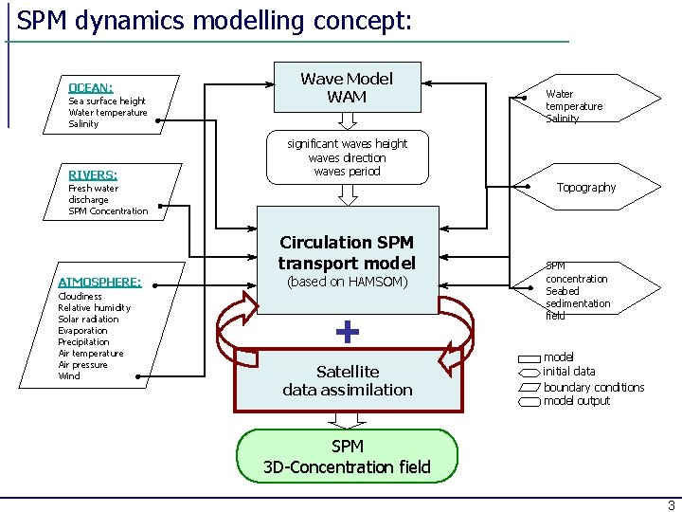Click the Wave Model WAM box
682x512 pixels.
348,87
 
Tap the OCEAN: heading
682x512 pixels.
91,88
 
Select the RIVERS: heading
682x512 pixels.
93,175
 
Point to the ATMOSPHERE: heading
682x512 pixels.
100,283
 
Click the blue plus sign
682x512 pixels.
348,332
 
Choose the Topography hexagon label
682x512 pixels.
586,187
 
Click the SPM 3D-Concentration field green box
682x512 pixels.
347,456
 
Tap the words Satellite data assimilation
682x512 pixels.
348,380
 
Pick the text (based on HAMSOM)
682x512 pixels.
348,282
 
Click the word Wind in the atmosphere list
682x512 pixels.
69,375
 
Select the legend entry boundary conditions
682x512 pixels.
594,387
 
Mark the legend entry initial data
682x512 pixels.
569,372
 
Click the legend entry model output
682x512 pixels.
577,400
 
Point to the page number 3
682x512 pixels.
672,505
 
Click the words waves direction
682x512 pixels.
347,157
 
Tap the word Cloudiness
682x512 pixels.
80,296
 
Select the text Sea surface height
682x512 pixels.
107,101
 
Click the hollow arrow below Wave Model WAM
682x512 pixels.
348,121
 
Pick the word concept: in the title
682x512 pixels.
362,21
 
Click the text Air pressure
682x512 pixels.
82,364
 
